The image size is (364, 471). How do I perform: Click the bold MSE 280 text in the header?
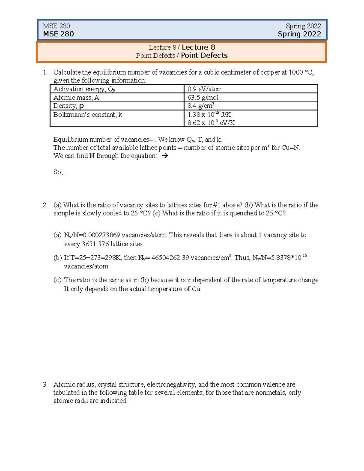tap(58, 34)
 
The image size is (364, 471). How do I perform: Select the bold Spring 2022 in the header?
tap(299, 34)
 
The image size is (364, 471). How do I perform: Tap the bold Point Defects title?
tap(204, 56)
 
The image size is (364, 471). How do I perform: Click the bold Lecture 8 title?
tap(198, 47)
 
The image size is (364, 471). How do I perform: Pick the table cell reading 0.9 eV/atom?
tap(205, 89)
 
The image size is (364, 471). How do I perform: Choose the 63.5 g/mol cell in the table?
tap(203, 97)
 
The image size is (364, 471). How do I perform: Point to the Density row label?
tap(68, 106)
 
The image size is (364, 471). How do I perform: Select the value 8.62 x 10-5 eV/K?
tap(211, 123)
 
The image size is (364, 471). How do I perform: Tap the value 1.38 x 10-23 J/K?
tap(209, 115)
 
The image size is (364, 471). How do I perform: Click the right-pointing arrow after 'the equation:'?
tap(165, 156)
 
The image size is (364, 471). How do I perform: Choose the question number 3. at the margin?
tap(45, 385)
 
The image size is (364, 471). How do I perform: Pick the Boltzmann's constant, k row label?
tap(88, 115)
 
